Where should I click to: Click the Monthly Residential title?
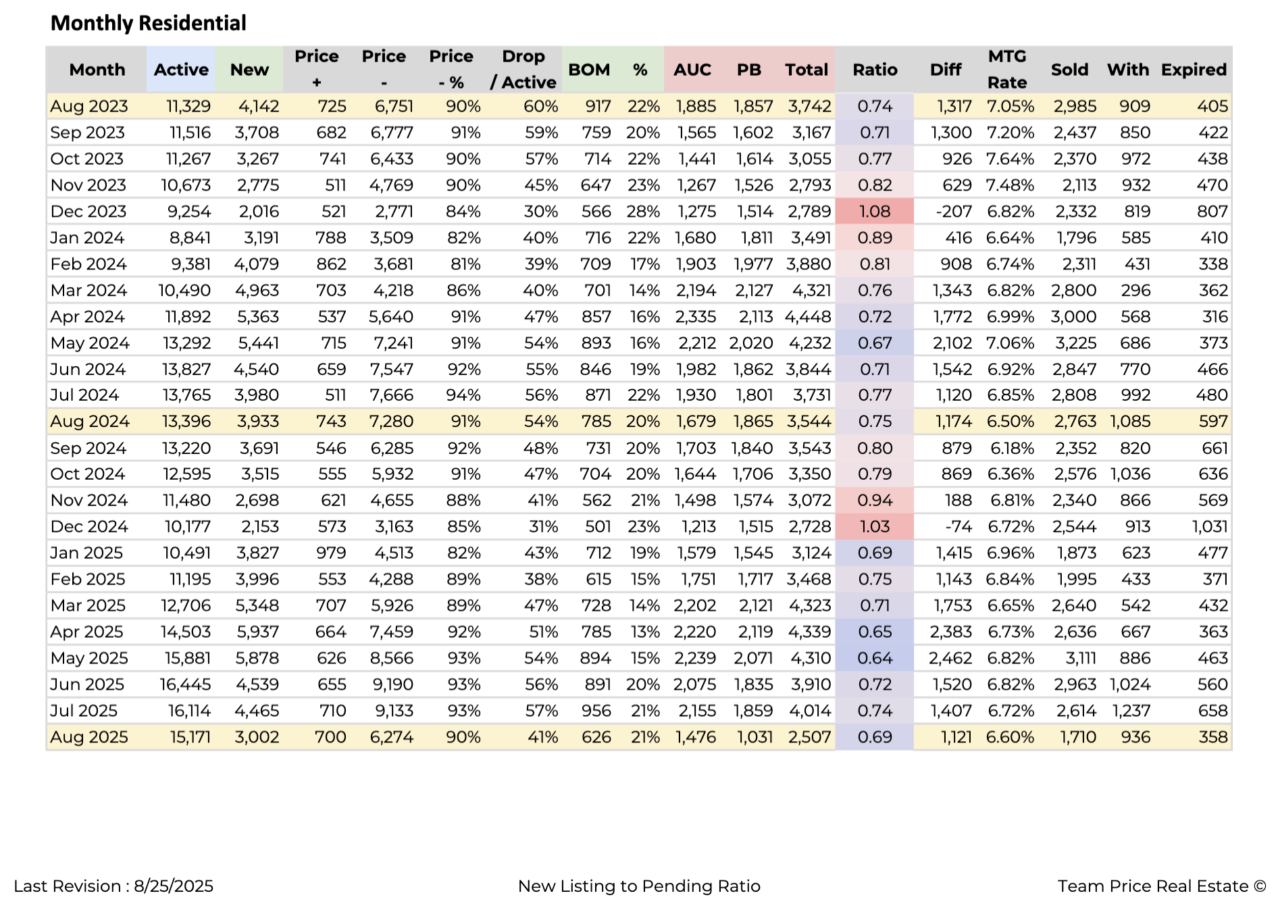coord(149,23)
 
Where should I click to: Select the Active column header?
coord(181,70)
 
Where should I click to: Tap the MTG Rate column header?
coord(1007,69)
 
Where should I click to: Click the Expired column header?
coord(1194,70)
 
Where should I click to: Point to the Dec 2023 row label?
coord(88,211)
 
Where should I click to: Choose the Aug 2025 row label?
coord(89,737)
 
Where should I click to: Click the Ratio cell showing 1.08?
coord(875,211)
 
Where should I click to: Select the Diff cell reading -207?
coord(954,211)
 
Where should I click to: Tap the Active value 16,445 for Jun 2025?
coord(185,684)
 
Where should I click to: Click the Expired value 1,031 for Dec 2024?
coord(1210,526)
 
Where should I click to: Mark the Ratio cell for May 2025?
coord(875,658)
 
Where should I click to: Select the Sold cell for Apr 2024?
coord(1073,317)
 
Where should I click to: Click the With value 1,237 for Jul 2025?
coord(1130,711)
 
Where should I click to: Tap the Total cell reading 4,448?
coord(808,317)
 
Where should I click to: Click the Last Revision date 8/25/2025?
coord(174,886)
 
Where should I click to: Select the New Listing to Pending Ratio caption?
coord(639,886)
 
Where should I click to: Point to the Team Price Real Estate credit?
coord(1162,886)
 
